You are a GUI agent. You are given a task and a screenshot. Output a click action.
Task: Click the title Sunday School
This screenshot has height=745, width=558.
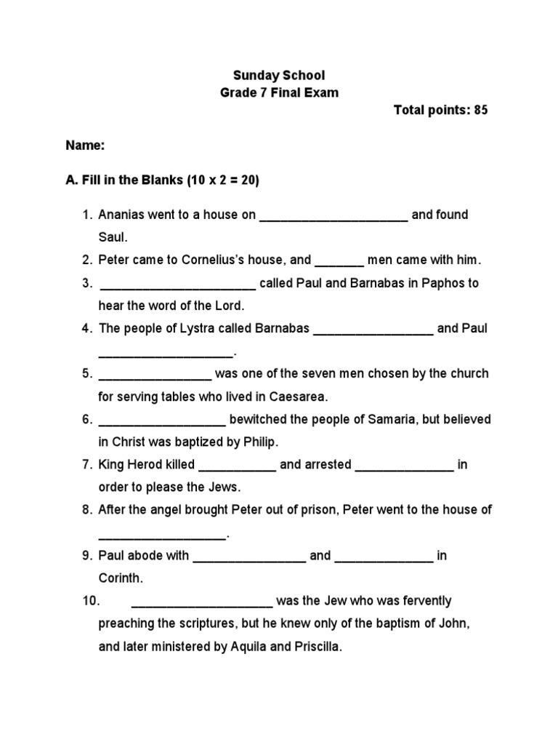278,75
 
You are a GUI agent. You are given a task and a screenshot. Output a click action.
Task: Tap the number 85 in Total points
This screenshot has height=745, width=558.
480,111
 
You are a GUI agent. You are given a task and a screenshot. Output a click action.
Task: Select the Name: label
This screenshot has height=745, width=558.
86,146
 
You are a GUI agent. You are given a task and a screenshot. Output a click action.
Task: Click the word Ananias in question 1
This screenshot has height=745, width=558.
121,215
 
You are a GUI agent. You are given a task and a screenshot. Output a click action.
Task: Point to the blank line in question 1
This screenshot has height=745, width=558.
333,217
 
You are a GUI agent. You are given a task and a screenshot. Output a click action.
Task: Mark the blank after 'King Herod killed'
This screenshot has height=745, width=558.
237,467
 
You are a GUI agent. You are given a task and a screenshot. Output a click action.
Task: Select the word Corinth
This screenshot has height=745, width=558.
121,578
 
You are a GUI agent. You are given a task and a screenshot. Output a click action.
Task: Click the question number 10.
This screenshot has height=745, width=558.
90,601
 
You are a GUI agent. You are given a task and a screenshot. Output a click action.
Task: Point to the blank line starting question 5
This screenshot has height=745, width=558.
155,376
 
